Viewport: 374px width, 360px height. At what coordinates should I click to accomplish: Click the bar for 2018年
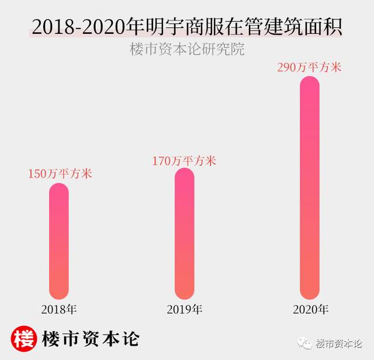click(58, 241)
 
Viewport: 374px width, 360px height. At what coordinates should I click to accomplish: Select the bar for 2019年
click(185, 234)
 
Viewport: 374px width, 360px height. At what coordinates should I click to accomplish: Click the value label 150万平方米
click(61, 174)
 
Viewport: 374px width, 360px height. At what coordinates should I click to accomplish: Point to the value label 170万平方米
click(184, 160)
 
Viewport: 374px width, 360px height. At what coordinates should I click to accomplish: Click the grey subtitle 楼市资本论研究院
click(186, 49)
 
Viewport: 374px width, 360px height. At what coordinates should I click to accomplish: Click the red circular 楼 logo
click(24, 338)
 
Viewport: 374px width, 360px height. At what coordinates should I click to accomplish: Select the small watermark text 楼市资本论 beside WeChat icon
click(340, 343)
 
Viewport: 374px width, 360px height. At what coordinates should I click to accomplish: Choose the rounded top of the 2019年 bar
click(185, 175)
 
